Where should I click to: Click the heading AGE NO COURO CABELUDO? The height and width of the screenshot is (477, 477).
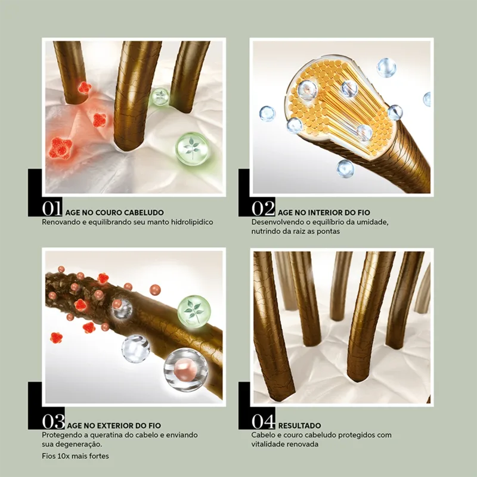click(115, 212)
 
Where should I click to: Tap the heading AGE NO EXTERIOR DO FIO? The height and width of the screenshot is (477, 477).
click(115, 426)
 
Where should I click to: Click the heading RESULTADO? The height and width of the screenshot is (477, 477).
click(299, 426)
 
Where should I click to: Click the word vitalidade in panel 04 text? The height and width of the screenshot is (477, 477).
click(271, 444)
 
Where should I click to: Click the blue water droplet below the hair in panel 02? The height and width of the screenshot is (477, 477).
click(345, 168)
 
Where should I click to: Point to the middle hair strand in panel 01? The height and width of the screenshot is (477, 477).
click(137, 95)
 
